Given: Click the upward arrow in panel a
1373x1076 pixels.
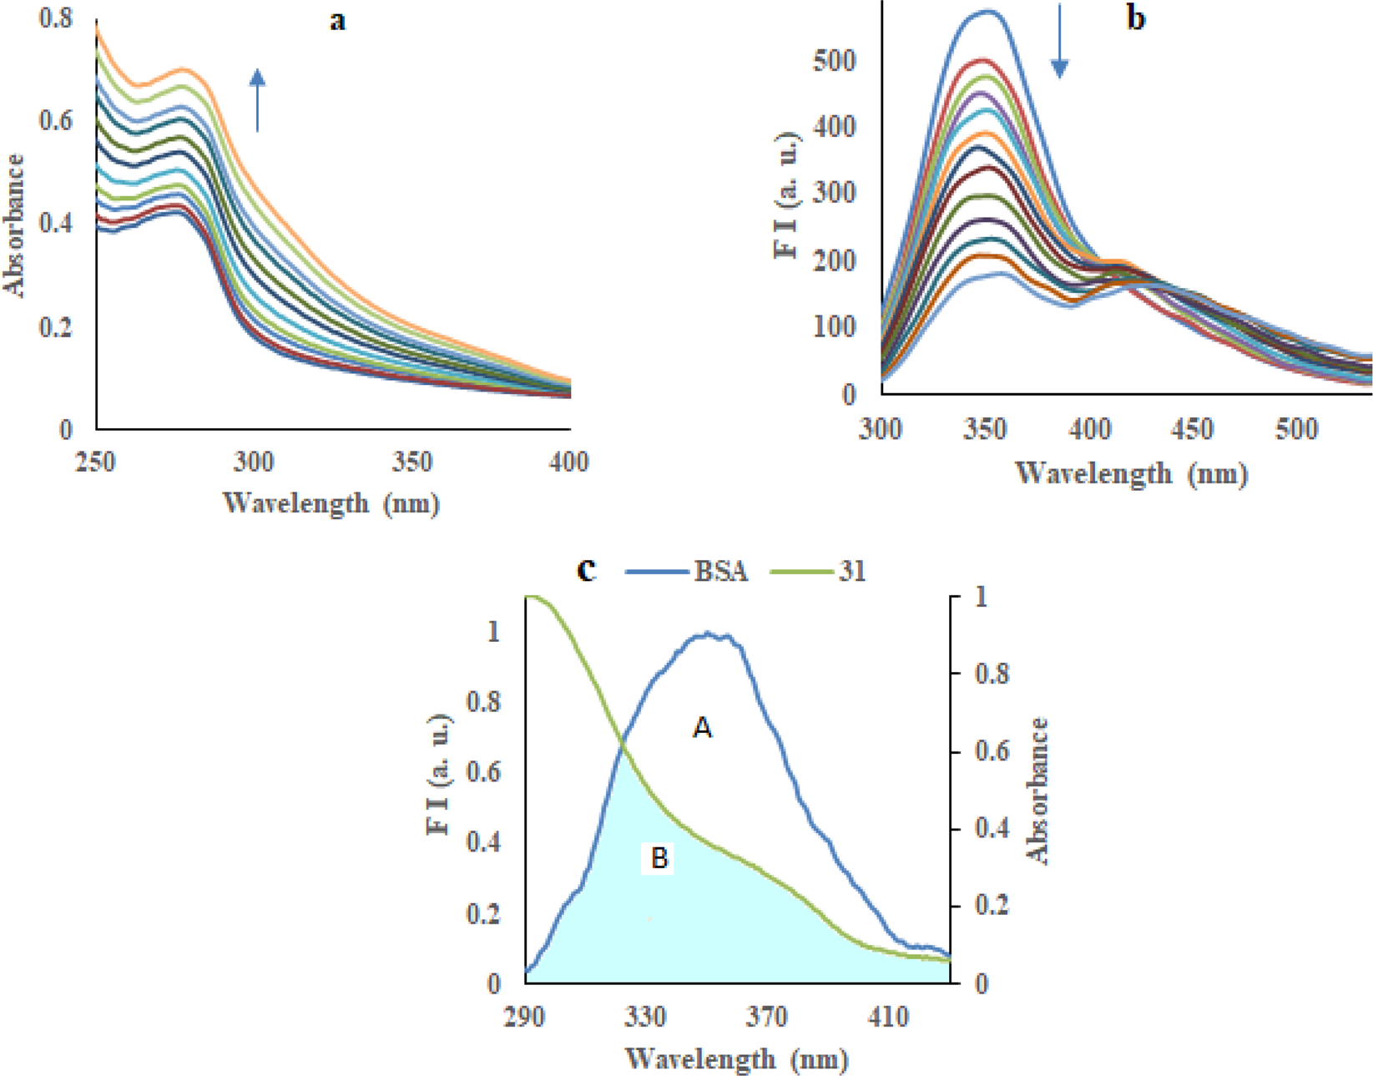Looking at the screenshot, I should (x=257, y=100).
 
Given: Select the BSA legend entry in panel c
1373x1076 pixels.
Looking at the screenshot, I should (x=687, y=572).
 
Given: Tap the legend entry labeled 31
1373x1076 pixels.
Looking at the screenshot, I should (x=818, y=572).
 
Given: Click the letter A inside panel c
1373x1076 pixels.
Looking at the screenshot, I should (x=703, y=729).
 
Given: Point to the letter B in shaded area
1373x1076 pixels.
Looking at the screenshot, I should (x=659, y=858).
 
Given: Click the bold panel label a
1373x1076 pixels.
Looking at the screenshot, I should (x=337, y=20).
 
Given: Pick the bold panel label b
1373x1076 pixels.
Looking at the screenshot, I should (x=1135, y=18).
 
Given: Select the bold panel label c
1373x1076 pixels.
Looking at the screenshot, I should (x=587, y=570).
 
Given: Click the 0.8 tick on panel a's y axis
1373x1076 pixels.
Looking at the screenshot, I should (x=56, y=18).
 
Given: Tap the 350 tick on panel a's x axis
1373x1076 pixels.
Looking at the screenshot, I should (x=412, y=462).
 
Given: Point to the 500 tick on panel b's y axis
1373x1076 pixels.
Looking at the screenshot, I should (x=834, y=61).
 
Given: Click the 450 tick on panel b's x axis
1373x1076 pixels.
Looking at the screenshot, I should (x=1193, y=429).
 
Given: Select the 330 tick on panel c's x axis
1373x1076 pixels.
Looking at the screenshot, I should (x=645, y=1017).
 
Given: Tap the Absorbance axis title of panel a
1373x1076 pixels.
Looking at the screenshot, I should (x=14, y=225).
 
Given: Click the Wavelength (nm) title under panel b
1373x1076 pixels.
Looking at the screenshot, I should (x=1131, y=474).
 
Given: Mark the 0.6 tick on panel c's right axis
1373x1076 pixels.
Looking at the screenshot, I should (x=992, y=751).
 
